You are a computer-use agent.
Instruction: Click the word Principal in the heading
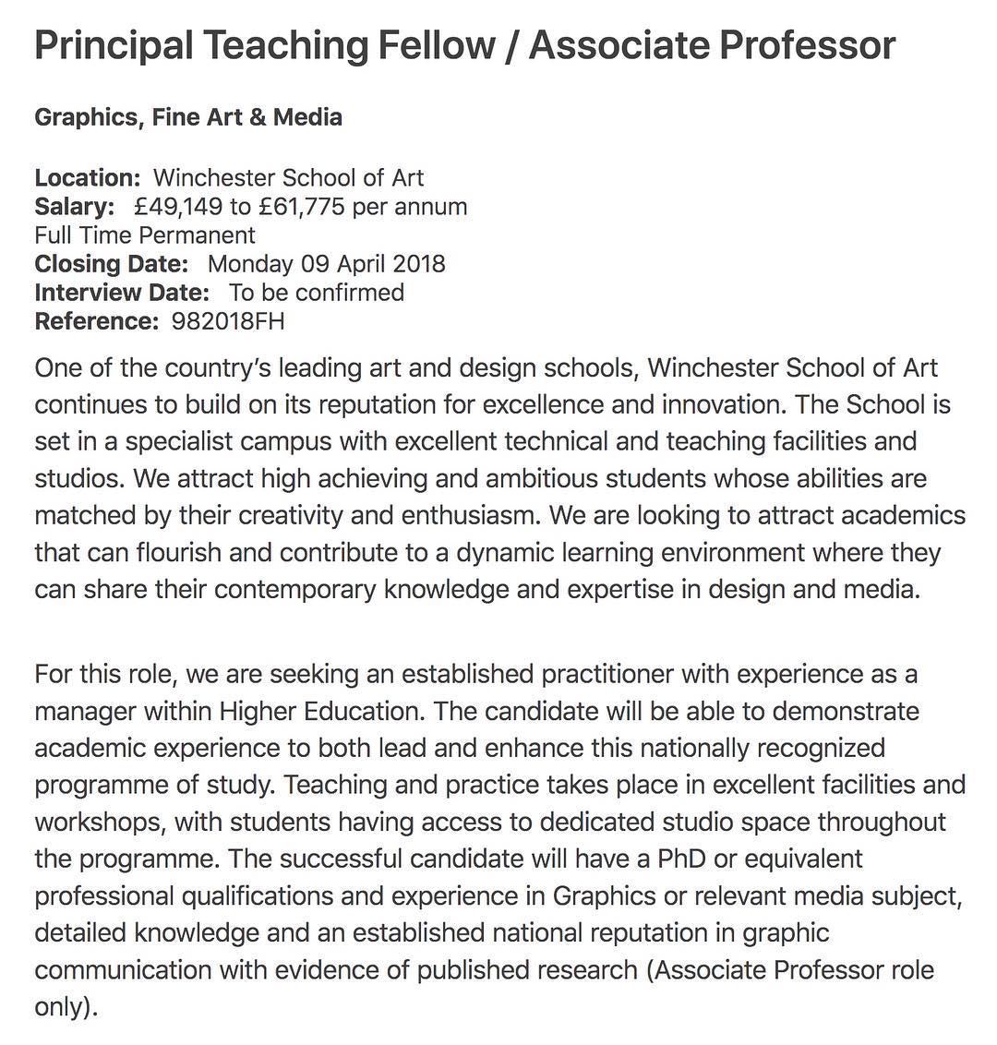tap(112, 46)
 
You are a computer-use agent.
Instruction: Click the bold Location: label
tap(88, 178)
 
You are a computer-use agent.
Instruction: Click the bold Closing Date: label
tap(112, 264)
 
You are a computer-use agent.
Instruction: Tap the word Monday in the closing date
tap(250, 264)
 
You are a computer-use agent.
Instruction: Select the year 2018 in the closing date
tap(418, 264)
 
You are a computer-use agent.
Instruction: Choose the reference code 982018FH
tap(228, 321)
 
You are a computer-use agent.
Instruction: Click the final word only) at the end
tap(65, 1007)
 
